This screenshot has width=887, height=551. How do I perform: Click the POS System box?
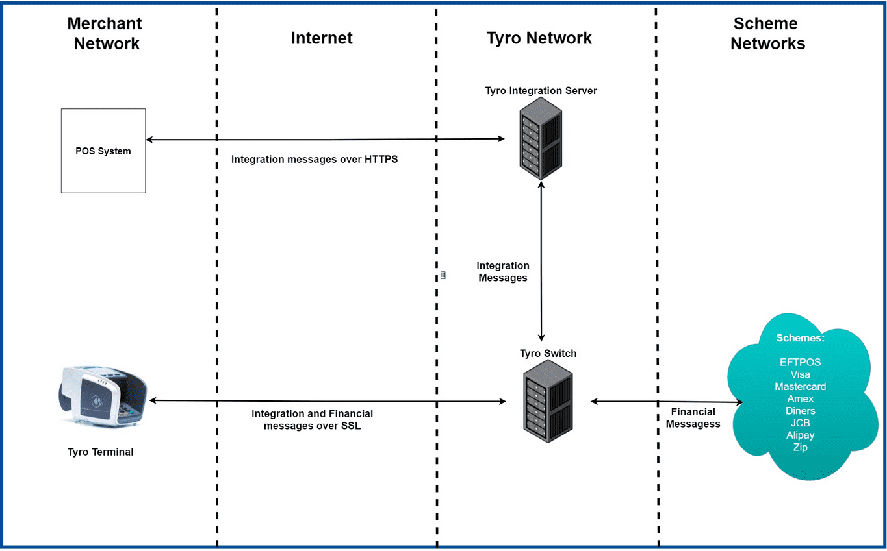tap(103, 151)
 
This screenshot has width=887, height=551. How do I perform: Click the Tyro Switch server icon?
tap(548, 402)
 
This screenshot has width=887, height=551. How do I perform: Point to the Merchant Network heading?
tap(105, 34)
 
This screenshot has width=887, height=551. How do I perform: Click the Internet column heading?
tap(322, 38)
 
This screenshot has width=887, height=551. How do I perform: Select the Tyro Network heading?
tap(539, 38)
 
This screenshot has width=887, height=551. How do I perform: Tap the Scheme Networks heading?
tap(767, 34)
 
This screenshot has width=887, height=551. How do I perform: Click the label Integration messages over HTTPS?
tap(315, 159)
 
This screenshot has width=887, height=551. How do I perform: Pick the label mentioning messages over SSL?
tap(312, 420)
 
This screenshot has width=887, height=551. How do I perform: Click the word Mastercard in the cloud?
tap(800, 387)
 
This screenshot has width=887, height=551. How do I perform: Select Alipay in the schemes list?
tap(800, 435)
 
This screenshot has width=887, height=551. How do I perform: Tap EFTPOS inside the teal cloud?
tap(800, 362)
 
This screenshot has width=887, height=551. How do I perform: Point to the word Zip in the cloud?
tap(800, 447)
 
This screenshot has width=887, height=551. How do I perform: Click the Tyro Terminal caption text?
tap(100, 452)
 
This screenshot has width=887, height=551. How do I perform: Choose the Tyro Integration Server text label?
tap(541, 90)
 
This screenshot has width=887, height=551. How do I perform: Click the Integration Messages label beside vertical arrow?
tap(503, 272)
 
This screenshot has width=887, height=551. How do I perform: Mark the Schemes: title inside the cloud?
tap(800, 339)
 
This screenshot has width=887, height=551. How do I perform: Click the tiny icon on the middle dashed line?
tap(443, 275)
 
